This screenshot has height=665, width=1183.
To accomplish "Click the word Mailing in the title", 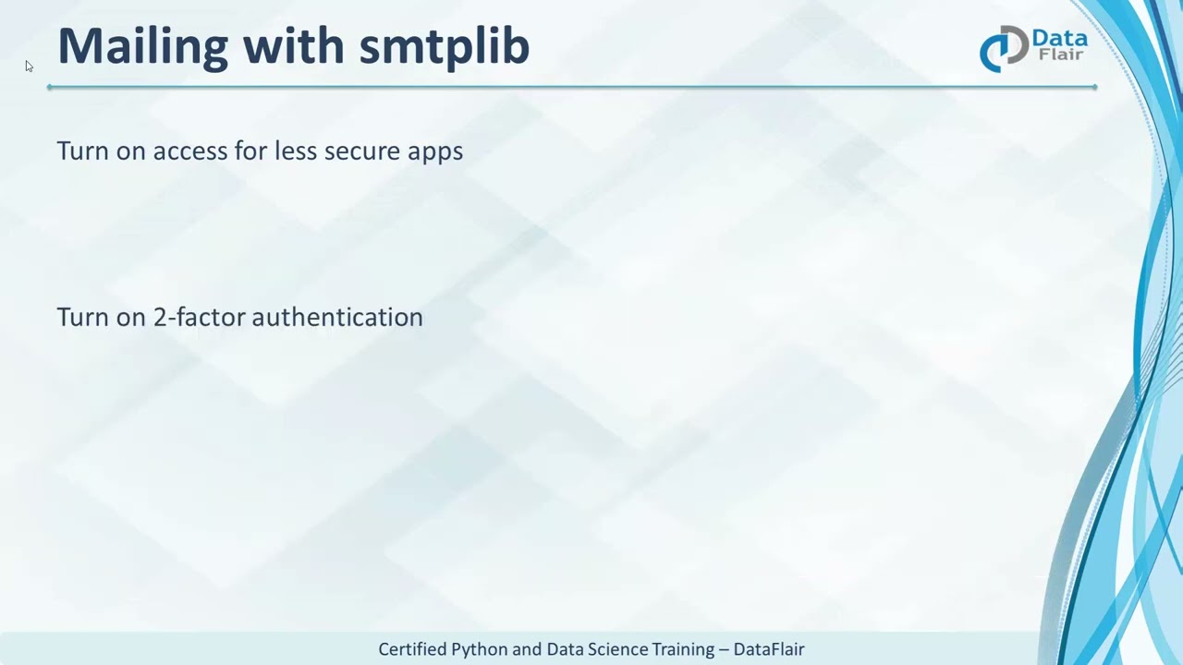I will pyautogui.click(x=142, y=46).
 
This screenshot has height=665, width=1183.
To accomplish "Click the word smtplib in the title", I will pyautogui.click(x=444, y=46).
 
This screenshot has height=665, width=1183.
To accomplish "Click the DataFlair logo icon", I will pyautogui.click(x=1003, y=48).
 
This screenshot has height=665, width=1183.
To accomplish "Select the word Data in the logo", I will pyautogui.click(x=1059, y=39).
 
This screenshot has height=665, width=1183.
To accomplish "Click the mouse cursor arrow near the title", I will pyautogui.click(x=29, y=66).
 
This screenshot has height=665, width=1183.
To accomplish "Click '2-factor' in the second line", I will pyautogui.click(x=199, y=317).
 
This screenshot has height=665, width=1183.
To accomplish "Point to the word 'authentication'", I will pyautogui.click(x=337, y=317).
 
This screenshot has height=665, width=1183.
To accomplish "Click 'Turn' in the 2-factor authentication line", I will pyautogui.click(x=82, y=317).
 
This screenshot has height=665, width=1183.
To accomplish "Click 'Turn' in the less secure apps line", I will pyautogui.click(x=82, y=151).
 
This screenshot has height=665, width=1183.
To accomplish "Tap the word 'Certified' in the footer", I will pyautogui.click(x=412, y=649).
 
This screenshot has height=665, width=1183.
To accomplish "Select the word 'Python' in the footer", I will pyautogui.click(x=480, y=649).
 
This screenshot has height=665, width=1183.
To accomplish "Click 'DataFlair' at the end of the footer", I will pyautogui.click(x=769, y=649).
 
